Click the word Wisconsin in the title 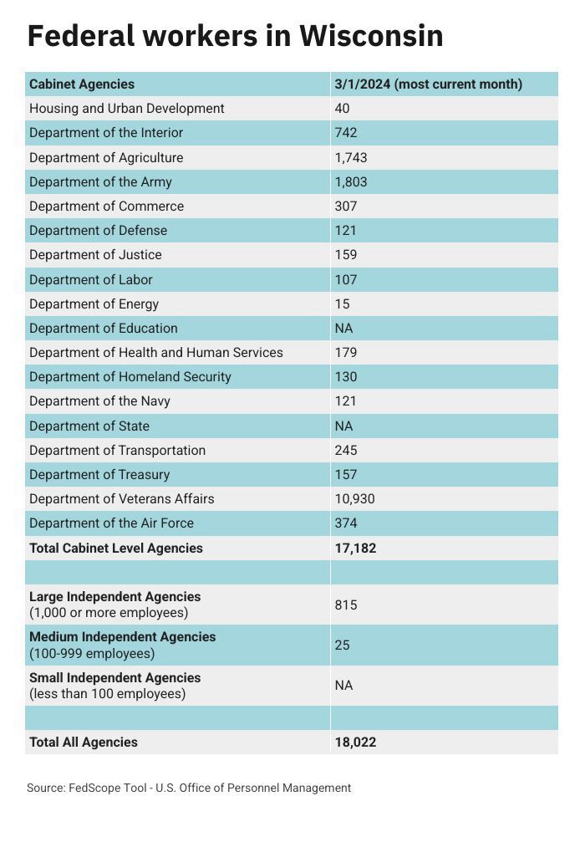(370, 36)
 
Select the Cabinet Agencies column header (82, 84)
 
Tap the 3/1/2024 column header (428, 84)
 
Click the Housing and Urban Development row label (126, 108)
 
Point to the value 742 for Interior (345, 132)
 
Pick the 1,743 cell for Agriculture (350, 157)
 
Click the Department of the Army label (100, 181)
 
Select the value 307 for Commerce (345, 206)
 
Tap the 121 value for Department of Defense (345, 230)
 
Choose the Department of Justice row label (95, 254)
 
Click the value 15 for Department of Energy (342, 304)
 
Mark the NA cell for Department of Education (343, 328)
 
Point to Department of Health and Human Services (156, 352)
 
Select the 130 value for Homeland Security (345, 376)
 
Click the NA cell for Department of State (343, 426)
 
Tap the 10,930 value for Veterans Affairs (354, 498)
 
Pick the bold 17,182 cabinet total (355, 549)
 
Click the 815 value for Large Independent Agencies (345, 605)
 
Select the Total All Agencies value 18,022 (355, 742)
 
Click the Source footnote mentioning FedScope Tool (189, 788)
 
